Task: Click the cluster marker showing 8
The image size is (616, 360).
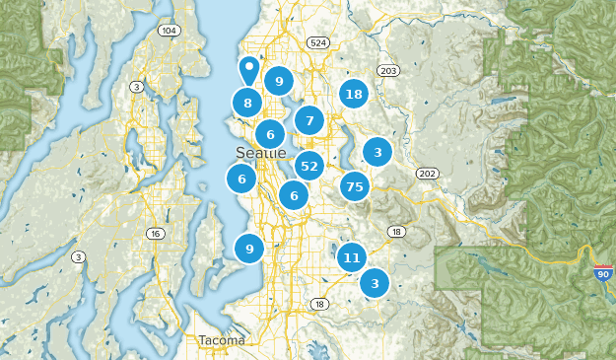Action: pyautogui.click(x=247, y=103)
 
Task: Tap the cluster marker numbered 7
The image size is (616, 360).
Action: pyautogui.click(x=309, y=120)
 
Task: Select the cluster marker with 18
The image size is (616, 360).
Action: pyautogui.click(x=354, y=95)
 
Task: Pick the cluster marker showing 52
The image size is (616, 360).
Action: pyautogui.click(x=309, y=166)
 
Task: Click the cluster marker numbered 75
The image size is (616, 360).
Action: pyautogui.click(x=355, y=186)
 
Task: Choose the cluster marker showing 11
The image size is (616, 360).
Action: pyautogui.click(x=351, y=258)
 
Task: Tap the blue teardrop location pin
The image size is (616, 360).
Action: pyautogui.click(x=249, y=70)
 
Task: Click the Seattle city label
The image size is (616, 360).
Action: pyautogui.click(x=261, y=153)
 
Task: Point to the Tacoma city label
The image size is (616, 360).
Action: pyautogui.click(x=221, y=340)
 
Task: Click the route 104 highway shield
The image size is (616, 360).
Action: pyautogui.click(x=170, y=31)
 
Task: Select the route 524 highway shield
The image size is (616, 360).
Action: pyautogui.click(x=317, y=43)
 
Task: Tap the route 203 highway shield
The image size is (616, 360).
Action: pyautogui.click(x=388, y=71)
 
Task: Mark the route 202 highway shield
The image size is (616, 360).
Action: pyautogui.click(x=426, y=174)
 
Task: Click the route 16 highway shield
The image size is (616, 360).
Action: pyautogui.click(x=155, y=234)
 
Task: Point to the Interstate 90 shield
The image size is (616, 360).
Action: pyautogui.click(x=603, y=273)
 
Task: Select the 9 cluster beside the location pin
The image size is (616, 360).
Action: pyautogui.click(x=279, y=82)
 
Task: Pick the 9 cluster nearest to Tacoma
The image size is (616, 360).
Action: pyautogui.click(x=249, y=249)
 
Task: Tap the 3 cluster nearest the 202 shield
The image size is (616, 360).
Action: pyautogui.click(x=377, y=152)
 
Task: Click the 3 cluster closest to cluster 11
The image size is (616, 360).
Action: pyautogui.click(x=375, y=284)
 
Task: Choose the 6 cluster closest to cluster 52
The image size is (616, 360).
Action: pyautogui.click(x=294, y=195)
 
